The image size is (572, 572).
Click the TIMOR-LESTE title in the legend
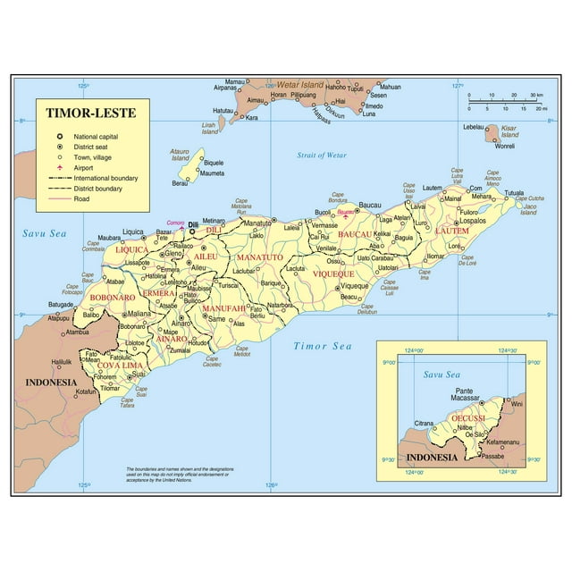(86, 115)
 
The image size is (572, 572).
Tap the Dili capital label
(193, 225)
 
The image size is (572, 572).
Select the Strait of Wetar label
(322, 156)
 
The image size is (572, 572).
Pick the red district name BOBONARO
(112, 296)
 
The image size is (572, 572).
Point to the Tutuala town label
(514, 193)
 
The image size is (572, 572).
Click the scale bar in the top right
(506, 101)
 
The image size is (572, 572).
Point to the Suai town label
(140, 374)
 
